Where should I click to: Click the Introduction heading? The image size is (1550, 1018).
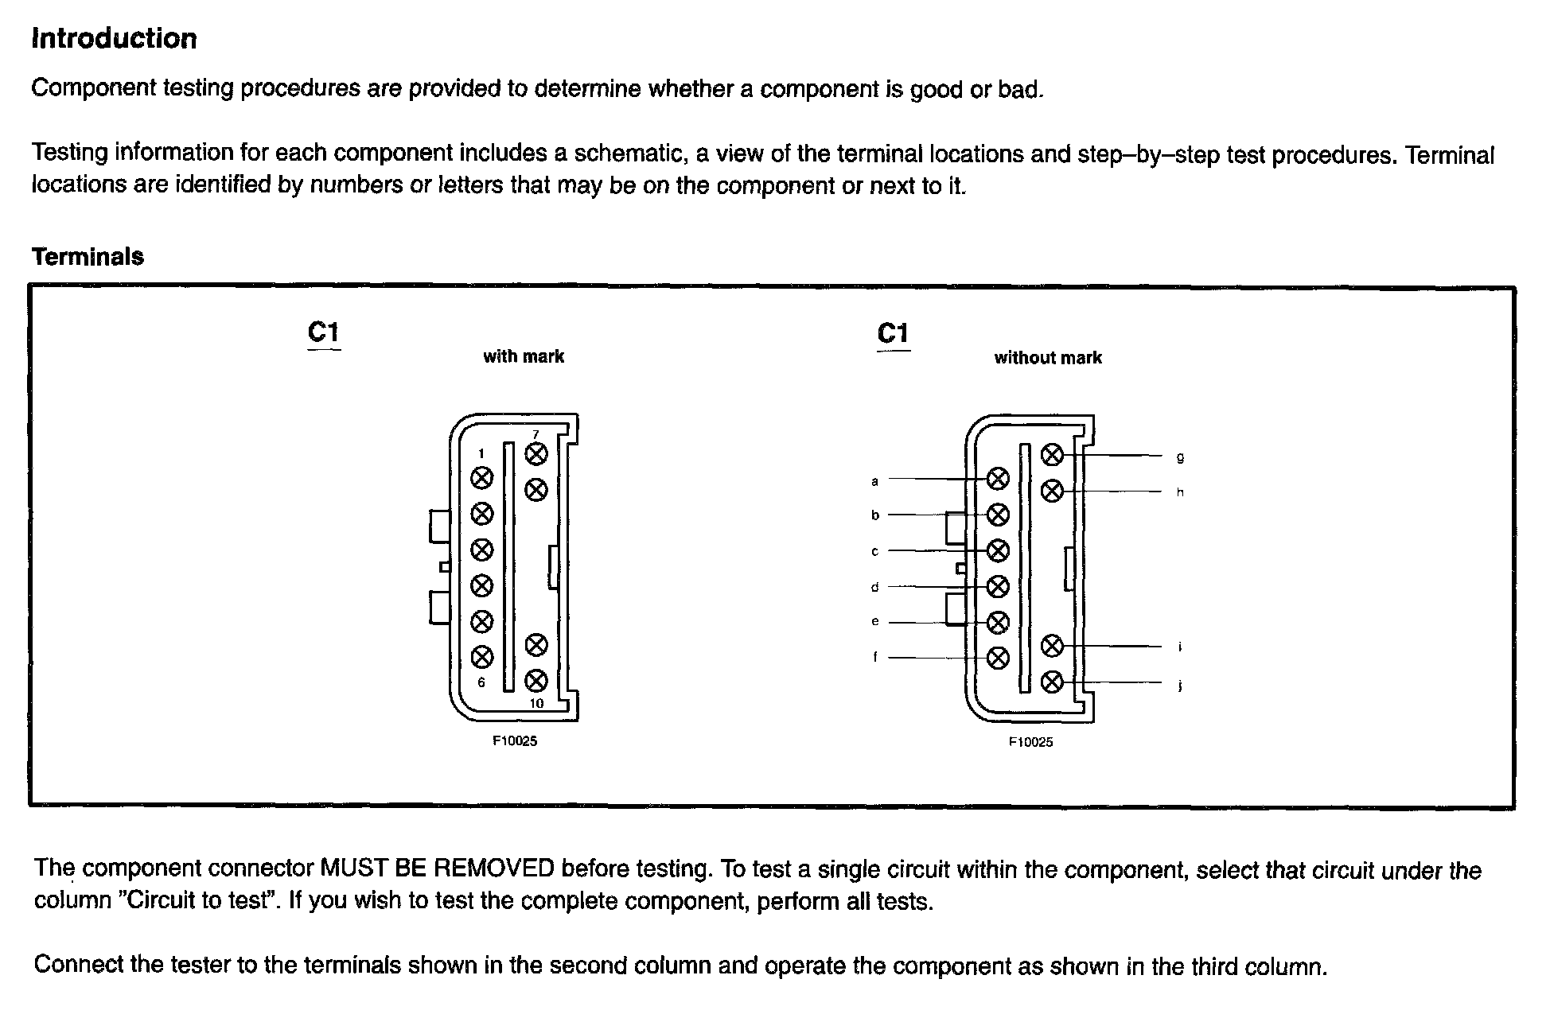tap(114, 38)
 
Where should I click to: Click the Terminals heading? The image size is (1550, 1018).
tap(88, 256)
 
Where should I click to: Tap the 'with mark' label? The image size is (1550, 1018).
tap(523, 356)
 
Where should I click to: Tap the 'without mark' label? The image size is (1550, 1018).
tap(1047, 358)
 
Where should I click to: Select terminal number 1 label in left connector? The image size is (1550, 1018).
tap(481, 454)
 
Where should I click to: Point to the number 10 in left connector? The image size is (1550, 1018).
tap(536, 703)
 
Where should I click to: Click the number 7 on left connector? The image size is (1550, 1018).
tap(535, 434)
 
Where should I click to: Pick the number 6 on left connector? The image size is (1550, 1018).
tap(481, 682)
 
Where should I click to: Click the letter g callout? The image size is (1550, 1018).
tap(1180, 457)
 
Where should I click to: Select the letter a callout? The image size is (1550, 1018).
tap(874, 480)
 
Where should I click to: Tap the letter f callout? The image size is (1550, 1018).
tap(875, 657)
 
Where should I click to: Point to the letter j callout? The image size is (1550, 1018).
tap(1179, 686)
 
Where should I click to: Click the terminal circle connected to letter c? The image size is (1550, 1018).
tap(998, 550)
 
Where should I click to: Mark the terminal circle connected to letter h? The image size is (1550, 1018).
tap(1052, 491)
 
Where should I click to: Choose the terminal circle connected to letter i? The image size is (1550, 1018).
tap(1052, 646)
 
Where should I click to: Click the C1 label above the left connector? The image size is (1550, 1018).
tap(324, 332)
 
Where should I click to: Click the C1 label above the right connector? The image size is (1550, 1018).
tap(893, 333)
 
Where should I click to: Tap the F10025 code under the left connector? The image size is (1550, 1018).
tap(515, 741)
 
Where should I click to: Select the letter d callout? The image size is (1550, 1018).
tap(874, 587)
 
